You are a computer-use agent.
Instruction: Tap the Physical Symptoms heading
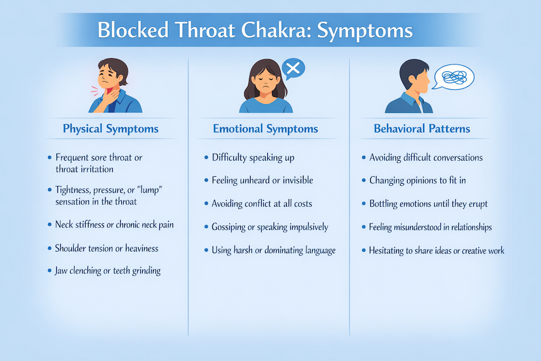(x=110, y=128)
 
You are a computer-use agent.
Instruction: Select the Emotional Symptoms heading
(x=266, y=128)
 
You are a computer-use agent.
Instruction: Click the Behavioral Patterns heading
(x=422, y=128)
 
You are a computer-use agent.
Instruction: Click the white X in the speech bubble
(x=293, y=69)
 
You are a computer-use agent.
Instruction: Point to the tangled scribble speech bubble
(x=454, y=77)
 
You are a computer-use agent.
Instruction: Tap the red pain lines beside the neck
(x=94, y=91)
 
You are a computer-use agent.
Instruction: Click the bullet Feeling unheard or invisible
(x=262, y=180)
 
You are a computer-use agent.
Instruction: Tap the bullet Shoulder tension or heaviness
(x=106, y=248)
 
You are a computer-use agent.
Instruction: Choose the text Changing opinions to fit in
(x=417, y=180)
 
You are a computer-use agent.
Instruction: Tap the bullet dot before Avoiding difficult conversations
(x=363, y=158)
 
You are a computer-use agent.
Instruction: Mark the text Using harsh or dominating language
(x=274, y=250)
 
